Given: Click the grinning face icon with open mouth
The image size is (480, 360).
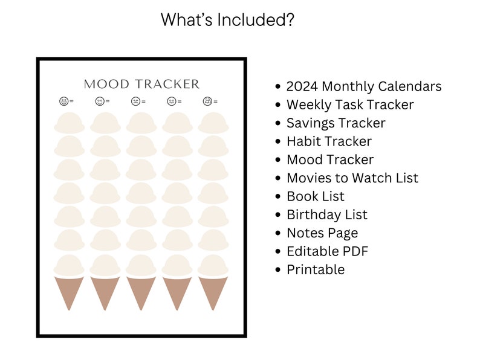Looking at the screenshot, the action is tap(63, 101).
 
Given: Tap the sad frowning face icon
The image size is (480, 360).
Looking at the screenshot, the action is tap(135, 101).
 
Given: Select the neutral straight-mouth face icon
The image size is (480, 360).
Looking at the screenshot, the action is tap(172, 101).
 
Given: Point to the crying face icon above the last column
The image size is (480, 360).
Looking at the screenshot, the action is tap(207, 101).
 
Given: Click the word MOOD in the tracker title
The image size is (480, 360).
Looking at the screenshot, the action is tap(106, 84).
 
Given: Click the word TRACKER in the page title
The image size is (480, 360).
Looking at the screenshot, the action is tap(167, 84).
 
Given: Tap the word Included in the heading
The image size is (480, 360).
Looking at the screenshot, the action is tap(256, 19).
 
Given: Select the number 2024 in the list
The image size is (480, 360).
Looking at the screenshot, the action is tap(302, 86).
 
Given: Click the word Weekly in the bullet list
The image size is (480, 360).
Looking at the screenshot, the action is tap(309, 105).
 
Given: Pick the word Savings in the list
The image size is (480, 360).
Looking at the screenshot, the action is tap(310, 123).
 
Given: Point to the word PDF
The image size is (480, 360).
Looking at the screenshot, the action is tap(355, 251).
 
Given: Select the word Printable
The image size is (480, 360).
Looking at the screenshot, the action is tap(316, 270).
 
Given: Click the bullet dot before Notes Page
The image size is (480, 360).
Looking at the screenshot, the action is tap(278, 233).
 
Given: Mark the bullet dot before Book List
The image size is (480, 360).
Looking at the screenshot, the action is tap(278, 196).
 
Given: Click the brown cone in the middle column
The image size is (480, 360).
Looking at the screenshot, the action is tap(141, 291).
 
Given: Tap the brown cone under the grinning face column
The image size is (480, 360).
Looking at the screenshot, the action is tap(69, 291).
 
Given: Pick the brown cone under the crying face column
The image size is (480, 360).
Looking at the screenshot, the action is tap(213, 291).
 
